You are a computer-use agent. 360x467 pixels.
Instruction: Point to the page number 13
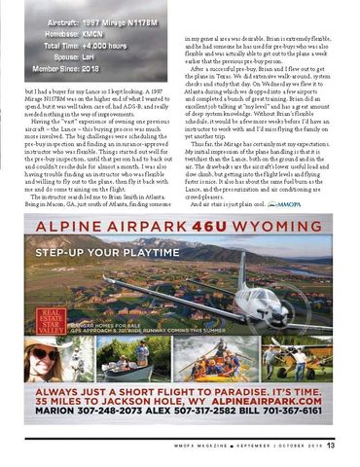[331, 446]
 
